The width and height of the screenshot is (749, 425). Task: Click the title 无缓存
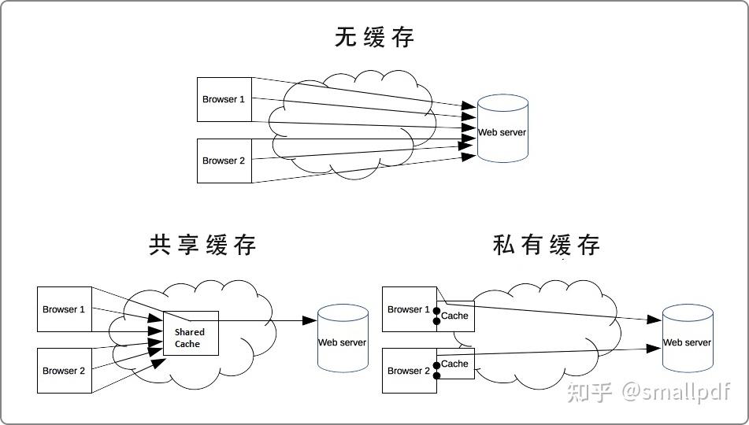click(374, 37)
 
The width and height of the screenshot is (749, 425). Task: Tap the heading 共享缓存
click(202, 245)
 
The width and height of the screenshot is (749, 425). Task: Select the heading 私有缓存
click(547, 245)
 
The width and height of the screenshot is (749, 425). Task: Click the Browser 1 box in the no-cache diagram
click(224, 99)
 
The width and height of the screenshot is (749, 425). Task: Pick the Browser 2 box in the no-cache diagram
click(224, 161)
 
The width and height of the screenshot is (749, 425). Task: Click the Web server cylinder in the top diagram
click(502, 128)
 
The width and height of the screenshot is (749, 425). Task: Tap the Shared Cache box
click(191, 334)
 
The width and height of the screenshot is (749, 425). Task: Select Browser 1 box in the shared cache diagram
click(65, 309)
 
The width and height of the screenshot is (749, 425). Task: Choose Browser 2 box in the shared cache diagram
click(65, 371)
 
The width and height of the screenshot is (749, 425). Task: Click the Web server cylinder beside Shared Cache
click(343, 338)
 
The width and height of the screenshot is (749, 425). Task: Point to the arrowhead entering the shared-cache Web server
click(310, 320)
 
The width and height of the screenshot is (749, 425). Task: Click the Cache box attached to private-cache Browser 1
click(456, 316)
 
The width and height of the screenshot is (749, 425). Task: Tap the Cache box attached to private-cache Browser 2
click(456, 364)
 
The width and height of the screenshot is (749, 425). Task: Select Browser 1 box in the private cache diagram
click(410, 309)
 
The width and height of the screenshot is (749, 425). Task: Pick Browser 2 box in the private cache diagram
click(410, 371)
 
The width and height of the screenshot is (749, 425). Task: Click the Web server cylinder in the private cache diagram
click(688, 338)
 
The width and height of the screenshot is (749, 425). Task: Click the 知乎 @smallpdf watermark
click(648, 392)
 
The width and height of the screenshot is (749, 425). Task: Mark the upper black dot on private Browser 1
click(436, 312)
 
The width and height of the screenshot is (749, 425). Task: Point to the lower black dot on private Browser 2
click(436, 376)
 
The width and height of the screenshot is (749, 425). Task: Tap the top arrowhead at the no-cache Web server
click(469, 105)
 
